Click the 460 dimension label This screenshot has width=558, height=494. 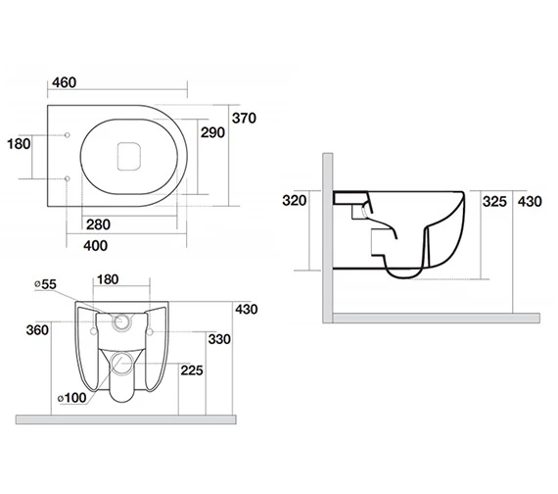pyautogui.click(x=64, y=80)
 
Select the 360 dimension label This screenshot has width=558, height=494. pyautogui.click(x=38, y=330)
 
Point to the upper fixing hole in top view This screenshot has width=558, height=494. pyautogui.click(x=66, y=135)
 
